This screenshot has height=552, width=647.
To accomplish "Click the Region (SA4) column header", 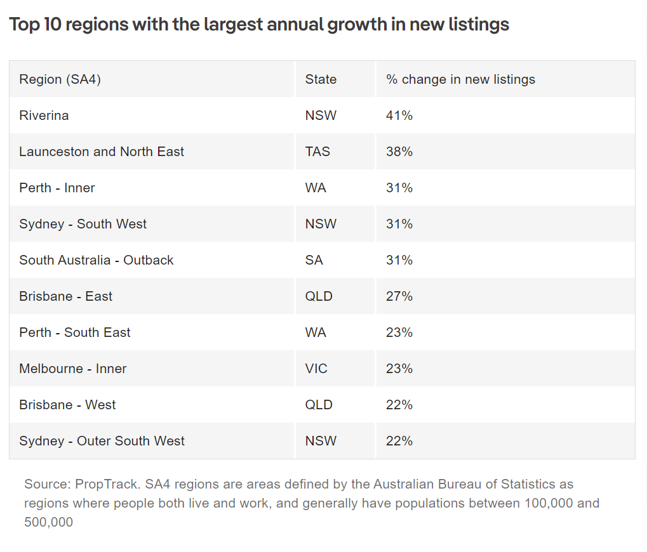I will coord(60,79).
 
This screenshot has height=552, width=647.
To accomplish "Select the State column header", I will coord(321,79).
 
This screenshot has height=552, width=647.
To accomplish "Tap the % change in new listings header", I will coord(460,79).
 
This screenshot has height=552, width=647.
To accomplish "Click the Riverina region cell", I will coord(44,115).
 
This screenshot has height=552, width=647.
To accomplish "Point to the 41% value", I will coord(399,115).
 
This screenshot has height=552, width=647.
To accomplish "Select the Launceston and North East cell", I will coord(102,152).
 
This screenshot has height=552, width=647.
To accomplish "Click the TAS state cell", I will coord(317,152).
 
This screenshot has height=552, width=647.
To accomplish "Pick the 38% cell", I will coord(399,152).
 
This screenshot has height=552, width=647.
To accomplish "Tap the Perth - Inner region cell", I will coord(57,188).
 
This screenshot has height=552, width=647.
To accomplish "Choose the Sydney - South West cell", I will coord(83,224).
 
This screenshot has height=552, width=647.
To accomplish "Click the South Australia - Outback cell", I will coord(97,260).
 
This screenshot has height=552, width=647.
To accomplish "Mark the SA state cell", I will coord(314,260).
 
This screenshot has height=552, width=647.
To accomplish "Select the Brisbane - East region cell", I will coord(65,296).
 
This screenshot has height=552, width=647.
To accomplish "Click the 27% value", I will coord(399,296).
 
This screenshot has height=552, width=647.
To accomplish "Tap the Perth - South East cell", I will coord(75,332).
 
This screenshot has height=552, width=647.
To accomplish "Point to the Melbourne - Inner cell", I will coord(73,369).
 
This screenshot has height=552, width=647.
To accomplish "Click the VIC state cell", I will coord(316,369).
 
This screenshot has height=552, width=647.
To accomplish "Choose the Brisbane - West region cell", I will coord(67,405).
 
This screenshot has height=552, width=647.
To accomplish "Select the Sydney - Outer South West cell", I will coord(102,441).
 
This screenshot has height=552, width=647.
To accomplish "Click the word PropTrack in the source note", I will coord(106,485).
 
